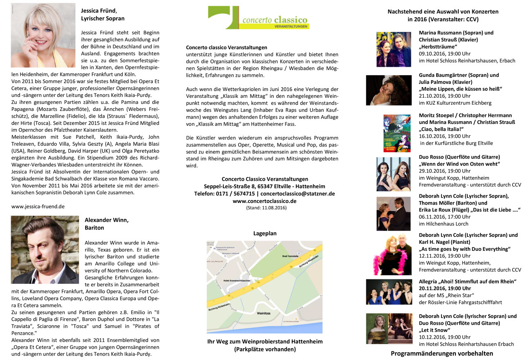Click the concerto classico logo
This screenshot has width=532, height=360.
click(x=258, y=18)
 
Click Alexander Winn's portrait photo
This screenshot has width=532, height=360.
click(x=45, y=250)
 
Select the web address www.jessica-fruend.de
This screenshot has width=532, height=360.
click(x=38, y=207)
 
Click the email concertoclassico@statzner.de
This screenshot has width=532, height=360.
click(x=298, y=193)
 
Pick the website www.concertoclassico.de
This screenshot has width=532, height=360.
click(x=264, y=201)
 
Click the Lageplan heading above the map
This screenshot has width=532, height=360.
click(x=265, y=233)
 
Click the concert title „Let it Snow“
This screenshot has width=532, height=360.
click(x=435, y=330)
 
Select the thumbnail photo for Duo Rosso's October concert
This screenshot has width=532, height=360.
click(x=393, y=174)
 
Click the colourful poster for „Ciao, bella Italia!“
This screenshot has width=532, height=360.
click(x=397, y=133)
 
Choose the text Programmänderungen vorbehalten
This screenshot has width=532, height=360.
click(x=442, y=353)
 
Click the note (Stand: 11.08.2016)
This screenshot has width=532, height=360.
click(x=266, y=208)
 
